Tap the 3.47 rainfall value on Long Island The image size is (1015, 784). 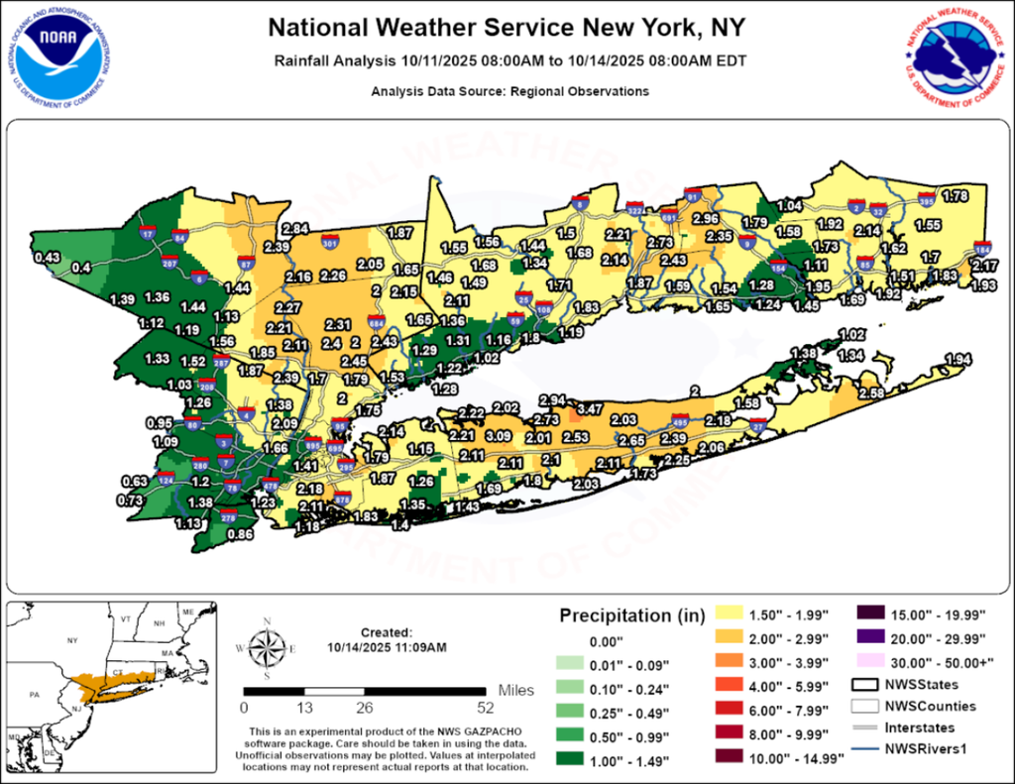[x=591, y=408]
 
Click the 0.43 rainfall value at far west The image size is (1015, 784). [x=47, y=258]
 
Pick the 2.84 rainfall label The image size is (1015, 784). [x=295, y=229]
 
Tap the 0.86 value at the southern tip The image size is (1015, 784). [x=240, y=534]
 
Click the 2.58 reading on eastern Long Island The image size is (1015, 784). [x=870, y=394]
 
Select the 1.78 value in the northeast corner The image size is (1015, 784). [x=954, y=196]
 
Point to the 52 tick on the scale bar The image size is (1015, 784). [x=486, y=709]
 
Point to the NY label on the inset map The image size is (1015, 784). [x=71, y=641]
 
